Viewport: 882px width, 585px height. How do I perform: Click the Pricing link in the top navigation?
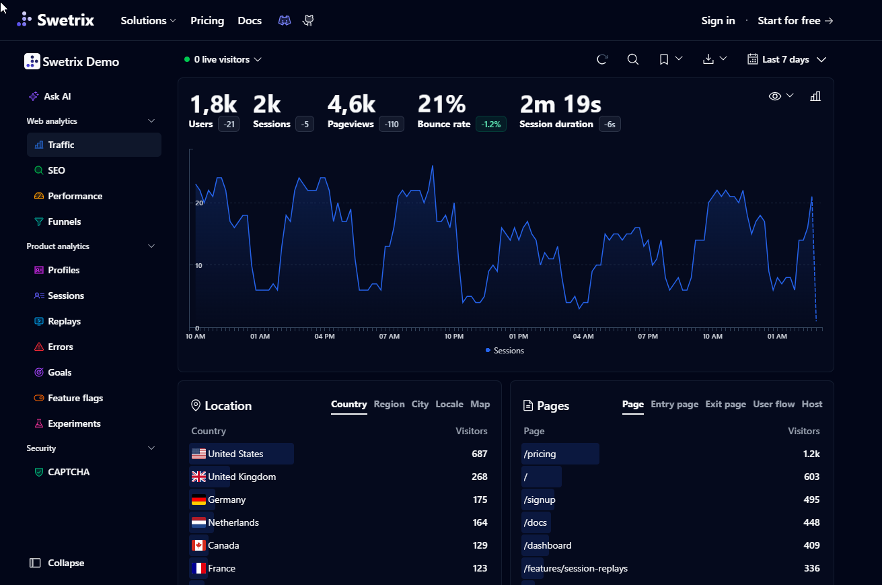coord(207,20)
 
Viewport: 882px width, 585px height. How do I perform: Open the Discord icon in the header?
coord(285,20)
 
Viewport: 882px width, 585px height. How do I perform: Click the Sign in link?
coord(718,20)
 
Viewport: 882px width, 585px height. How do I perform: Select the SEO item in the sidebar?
coord(56,170)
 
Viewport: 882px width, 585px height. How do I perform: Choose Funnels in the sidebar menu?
coord(64,221)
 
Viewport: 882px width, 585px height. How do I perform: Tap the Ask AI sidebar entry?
coord(57,96)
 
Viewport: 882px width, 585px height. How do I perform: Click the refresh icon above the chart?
coord(602,59)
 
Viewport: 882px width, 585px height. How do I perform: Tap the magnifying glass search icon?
coord(633,59)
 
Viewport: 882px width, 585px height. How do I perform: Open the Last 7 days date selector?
coord(786,59)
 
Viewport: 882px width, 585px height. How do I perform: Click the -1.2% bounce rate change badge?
coord(491,124)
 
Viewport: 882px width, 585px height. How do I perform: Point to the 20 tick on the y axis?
coord(199,203)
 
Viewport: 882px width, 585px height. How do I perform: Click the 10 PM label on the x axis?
coord(453,337)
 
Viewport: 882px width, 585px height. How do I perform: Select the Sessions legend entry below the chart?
coord(505,351)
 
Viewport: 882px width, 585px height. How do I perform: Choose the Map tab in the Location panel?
coord(480,404)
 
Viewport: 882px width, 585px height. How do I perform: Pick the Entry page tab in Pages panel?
coord(675,404)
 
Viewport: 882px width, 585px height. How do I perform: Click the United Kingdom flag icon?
coord(198,477)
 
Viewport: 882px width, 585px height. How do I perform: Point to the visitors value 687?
coord(479,454)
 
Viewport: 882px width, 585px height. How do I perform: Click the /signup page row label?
coord(540,500)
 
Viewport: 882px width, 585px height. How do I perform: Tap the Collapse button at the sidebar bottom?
coord(57,563)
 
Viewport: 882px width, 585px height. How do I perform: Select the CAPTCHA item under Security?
coord(62,472)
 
